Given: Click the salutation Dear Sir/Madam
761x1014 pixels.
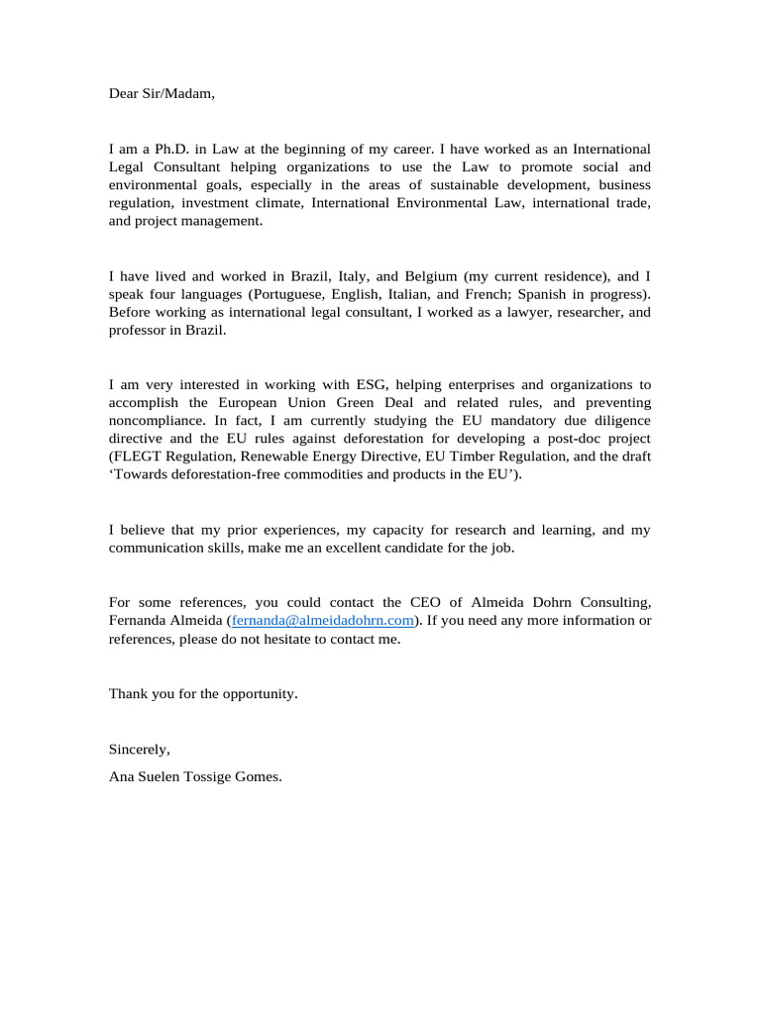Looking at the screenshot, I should (161, 94).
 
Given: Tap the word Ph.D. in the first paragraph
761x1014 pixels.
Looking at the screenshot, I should (173, 149).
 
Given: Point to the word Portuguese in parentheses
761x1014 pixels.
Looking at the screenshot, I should (287, 294).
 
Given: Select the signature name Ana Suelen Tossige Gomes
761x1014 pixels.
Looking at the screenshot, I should (195, 776).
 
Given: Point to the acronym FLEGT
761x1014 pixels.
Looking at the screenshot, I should (138, 456).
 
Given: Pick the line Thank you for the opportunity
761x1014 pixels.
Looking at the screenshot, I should (203, 693).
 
